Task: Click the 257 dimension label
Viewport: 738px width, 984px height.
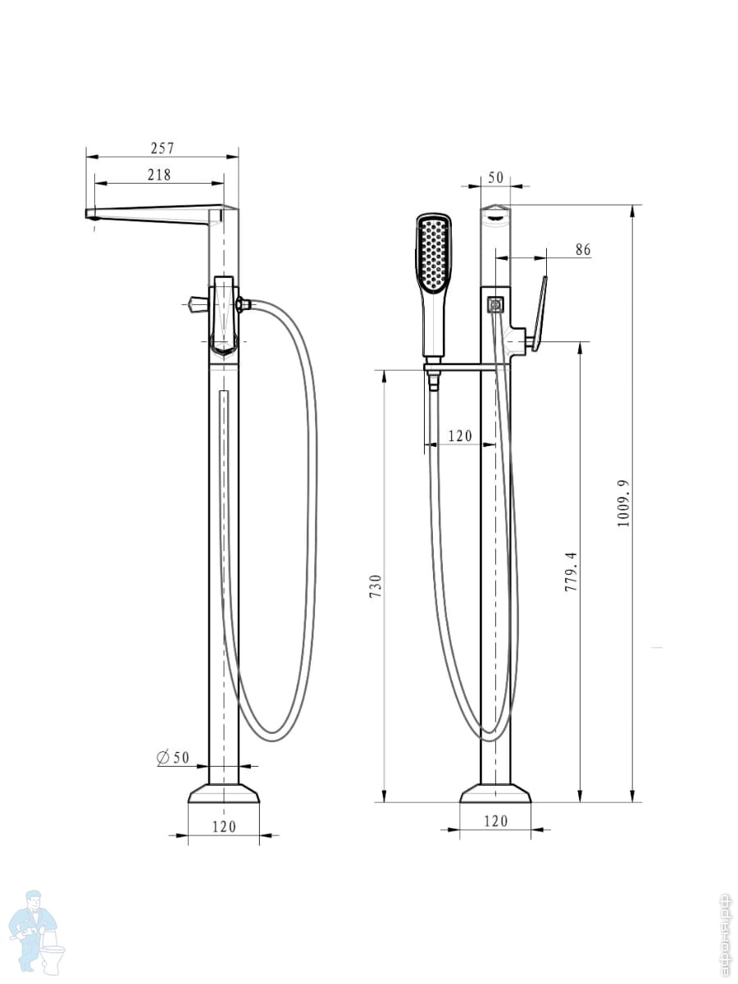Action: (162, 148)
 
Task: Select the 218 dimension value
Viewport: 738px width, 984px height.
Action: (160, 175)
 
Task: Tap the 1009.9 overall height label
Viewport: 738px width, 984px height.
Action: (624, 503)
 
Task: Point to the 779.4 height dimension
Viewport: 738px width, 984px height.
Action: (572, 572)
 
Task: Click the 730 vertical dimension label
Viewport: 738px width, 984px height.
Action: (376, 586)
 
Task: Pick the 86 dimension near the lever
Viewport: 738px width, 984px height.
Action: (583, 250)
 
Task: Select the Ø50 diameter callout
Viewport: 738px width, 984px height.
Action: (173, 758)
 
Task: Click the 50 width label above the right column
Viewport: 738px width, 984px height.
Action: (495, 177)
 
